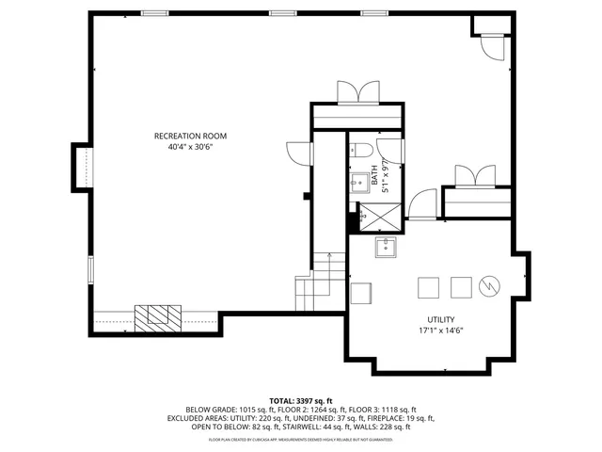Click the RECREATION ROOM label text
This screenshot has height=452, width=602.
[x=190, y=136]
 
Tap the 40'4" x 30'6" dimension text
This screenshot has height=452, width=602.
[x=190, y=147]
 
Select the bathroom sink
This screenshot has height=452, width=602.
[x=357, y=183]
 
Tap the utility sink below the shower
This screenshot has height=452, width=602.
[x=386, y=248]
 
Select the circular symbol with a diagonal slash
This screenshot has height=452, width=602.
[x=489, y=285]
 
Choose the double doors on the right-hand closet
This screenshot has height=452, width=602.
[x=475, y=176]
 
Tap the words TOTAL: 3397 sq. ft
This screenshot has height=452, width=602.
[x=301, y=400]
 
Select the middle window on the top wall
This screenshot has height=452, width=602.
[x=281, y=13]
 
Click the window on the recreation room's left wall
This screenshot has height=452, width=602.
[x=90, y=268]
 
